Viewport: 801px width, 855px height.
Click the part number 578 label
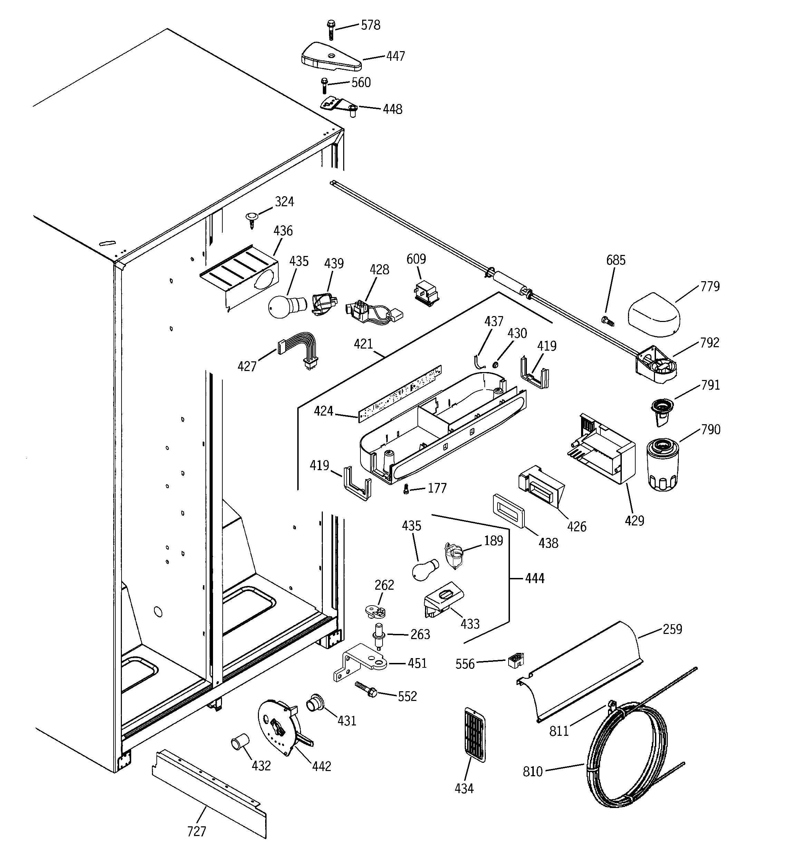click(x=370, y=25)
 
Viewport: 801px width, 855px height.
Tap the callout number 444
click(x=534, y=578)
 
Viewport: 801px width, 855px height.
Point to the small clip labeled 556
click(x=515, y=660)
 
